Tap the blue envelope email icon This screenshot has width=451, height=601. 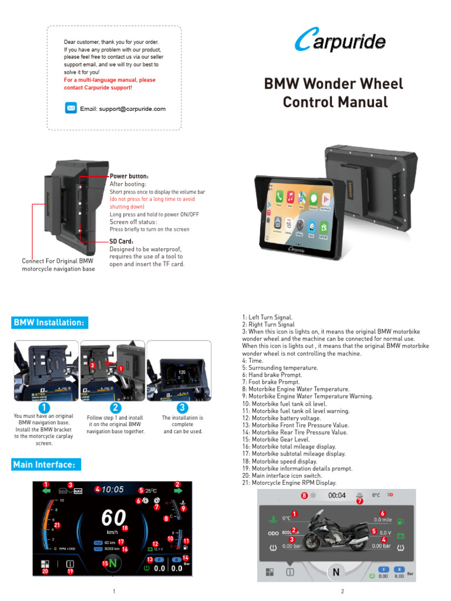[x=70, y=108]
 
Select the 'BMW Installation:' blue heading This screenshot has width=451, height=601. [x=51, y=323]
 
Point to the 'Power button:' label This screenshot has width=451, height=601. [x=129, y=176]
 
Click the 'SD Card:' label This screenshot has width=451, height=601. [x=122, y=241]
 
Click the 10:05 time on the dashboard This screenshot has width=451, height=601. [x=113, y=489]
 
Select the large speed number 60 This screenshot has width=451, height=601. [x=113, y=518]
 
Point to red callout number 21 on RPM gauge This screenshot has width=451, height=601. [x=57, y=525]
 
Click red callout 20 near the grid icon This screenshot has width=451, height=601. [x=45, y=570]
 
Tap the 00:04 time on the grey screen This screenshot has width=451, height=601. [x=337, y=495]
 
